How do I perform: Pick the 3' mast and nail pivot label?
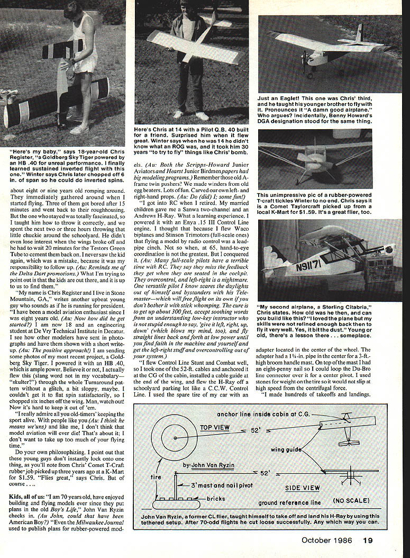pyautogui.click(x=213, y=484)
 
